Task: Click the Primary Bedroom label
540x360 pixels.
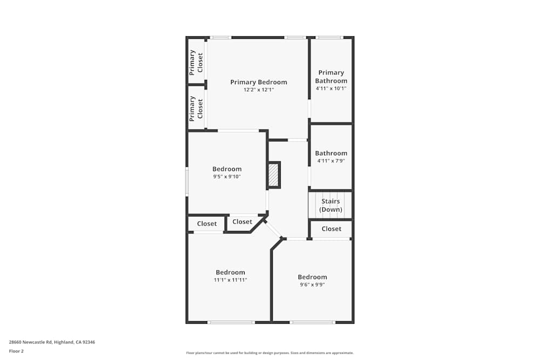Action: tap(259, 82)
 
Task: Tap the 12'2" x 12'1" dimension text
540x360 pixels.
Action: tap(259, 90)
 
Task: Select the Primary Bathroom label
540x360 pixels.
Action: tap(331, 77)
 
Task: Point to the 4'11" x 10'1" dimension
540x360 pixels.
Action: tap(331, 89)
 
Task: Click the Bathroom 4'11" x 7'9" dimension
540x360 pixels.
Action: tap(331, 161)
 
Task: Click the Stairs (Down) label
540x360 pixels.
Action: tap(330, 205)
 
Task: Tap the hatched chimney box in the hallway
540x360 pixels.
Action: tap(274, 175)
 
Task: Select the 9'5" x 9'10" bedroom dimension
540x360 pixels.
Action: tap(227, 176)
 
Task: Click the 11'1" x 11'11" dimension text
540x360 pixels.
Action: tap(231, 280)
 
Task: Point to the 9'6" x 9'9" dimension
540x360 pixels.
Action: tap(312, 285)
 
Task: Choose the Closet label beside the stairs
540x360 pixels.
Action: tap(331, 229)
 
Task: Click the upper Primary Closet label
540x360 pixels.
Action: tap(196, 62)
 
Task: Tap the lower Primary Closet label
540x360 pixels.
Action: tap(196, 108)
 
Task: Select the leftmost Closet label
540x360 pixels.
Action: tap(207, 224)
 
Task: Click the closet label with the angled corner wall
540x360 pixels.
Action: tap(242, 222)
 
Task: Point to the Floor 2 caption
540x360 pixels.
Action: tap(16, 351)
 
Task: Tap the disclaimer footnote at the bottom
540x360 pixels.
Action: tap(269, 353)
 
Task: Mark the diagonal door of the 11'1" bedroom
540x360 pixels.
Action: tap(273, 229)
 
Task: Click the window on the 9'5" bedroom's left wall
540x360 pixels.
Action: tap(187, 181)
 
